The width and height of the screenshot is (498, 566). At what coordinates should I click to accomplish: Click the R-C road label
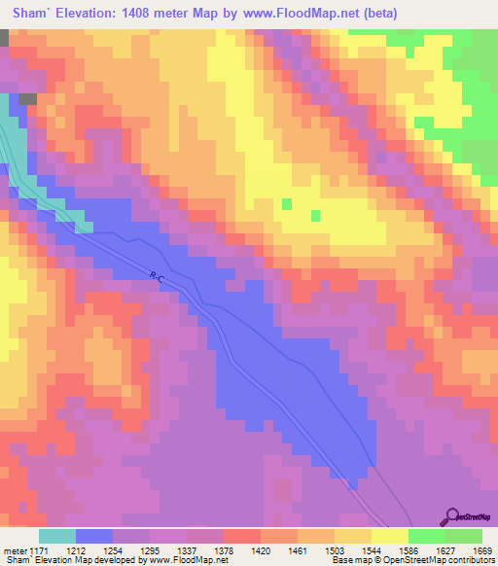pos(158,279)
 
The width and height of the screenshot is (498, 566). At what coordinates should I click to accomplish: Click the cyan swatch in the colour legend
pos(57,536)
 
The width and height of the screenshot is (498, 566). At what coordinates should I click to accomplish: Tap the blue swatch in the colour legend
pos(94,536)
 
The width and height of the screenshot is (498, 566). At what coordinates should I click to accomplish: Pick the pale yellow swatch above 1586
pos(390,536)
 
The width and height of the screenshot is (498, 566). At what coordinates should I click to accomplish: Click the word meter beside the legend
pos(16,549)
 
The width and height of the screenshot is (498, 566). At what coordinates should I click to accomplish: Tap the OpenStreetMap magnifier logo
pos(453,516)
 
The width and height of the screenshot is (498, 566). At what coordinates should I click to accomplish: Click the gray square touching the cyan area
pos(27,99)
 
